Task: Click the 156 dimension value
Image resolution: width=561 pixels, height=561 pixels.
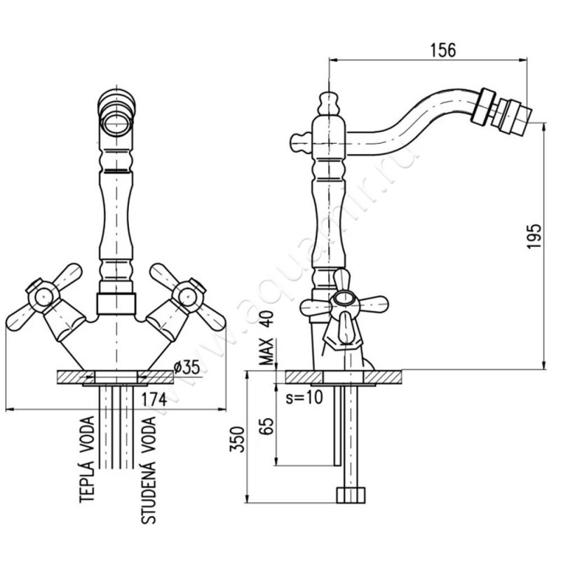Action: click(442, 50)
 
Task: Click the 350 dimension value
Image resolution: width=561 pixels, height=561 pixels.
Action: click(237, 440)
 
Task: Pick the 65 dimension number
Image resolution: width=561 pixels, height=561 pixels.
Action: click(266, 426)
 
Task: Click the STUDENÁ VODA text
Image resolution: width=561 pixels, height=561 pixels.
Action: click(148, 471)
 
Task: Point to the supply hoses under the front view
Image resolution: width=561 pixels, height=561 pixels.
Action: click(116, 428)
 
